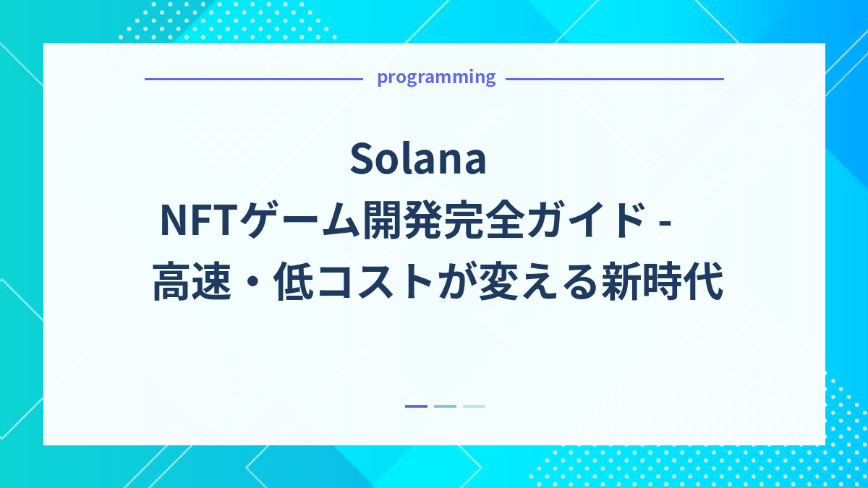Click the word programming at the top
click(x=436, y=77)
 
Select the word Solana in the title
click(x=418, y=160)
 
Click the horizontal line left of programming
click(x=253, y=79)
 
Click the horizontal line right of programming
click(x=615, y=79)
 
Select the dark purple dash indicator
click(x=416, y=406)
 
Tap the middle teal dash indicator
click(x=445, y=406)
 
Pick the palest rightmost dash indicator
click(x=474, y=406)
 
